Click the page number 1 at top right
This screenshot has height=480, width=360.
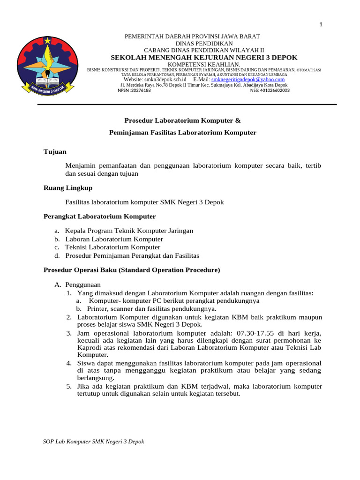tap(322, 25)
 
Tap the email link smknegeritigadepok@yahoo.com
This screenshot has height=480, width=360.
tap(248, 80)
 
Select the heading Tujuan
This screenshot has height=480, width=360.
tap(55, 152)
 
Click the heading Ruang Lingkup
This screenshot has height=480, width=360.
tap(68, 187)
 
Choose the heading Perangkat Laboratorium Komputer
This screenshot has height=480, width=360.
tap(99, 216)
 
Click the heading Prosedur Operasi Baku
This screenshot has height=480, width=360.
tap(132, 270)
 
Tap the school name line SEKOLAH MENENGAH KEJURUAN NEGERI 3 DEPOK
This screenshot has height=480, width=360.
tap(204, 57)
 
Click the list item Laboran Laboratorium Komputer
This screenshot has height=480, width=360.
tap(114, 239)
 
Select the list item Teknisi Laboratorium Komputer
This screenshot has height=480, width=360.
tap(112, 247)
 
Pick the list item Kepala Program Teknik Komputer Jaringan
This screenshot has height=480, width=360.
tap(129, 231)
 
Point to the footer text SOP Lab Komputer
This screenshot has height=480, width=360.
tap(93, 442)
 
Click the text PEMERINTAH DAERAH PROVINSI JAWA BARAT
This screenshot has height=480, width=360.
tap(191, 37)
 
